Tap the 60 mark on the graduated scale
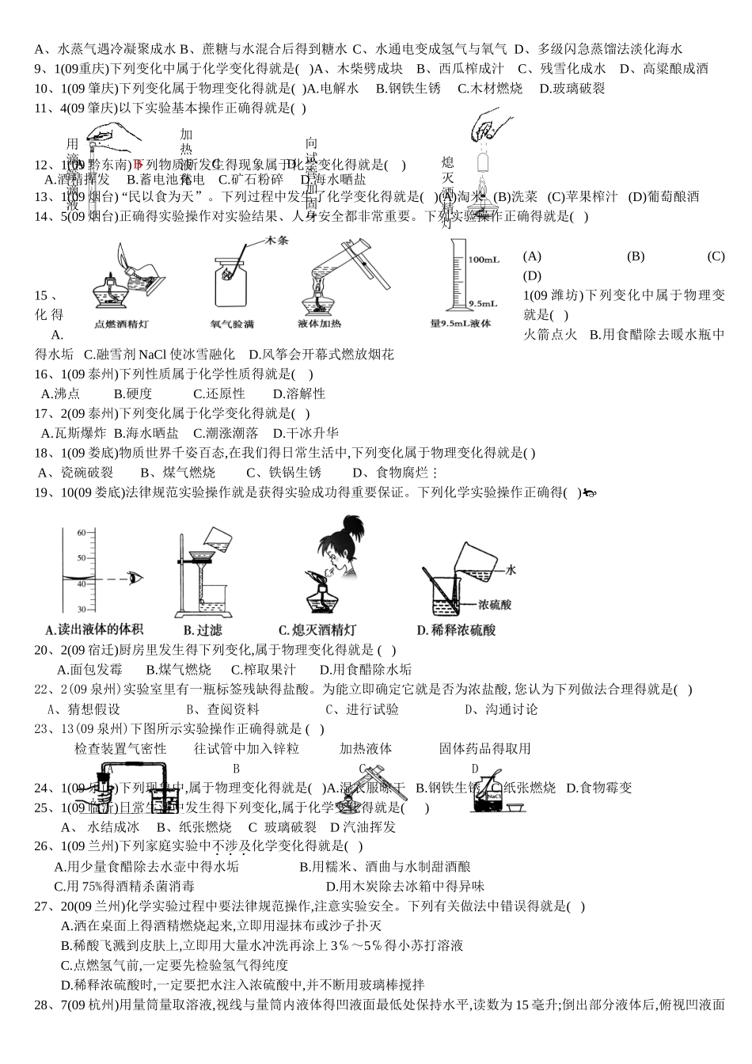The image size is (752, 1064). point(82,533)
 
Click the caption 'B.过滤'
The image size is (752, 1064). point(203,630)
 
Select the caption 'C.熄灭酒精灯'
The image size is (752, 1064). point(317,630)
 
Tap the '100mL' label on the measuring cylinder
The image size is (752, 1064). point(483,260)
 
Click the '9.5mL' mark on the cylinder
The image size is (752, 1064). point(482,303)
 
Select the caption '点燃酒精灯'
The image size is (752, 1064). point(121,324)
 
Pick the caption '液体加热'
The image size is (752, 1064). point(320,324)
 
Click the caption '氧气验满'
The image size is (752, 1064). point(232,324)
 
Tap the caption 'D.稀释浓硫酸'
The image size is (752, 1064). point(456,630)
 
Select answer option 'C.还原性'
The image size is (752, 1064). point(219,393)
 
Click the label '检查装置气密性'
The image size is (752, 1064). point(120,748)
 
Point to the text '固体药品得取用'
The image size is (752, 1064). point(484,748)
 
